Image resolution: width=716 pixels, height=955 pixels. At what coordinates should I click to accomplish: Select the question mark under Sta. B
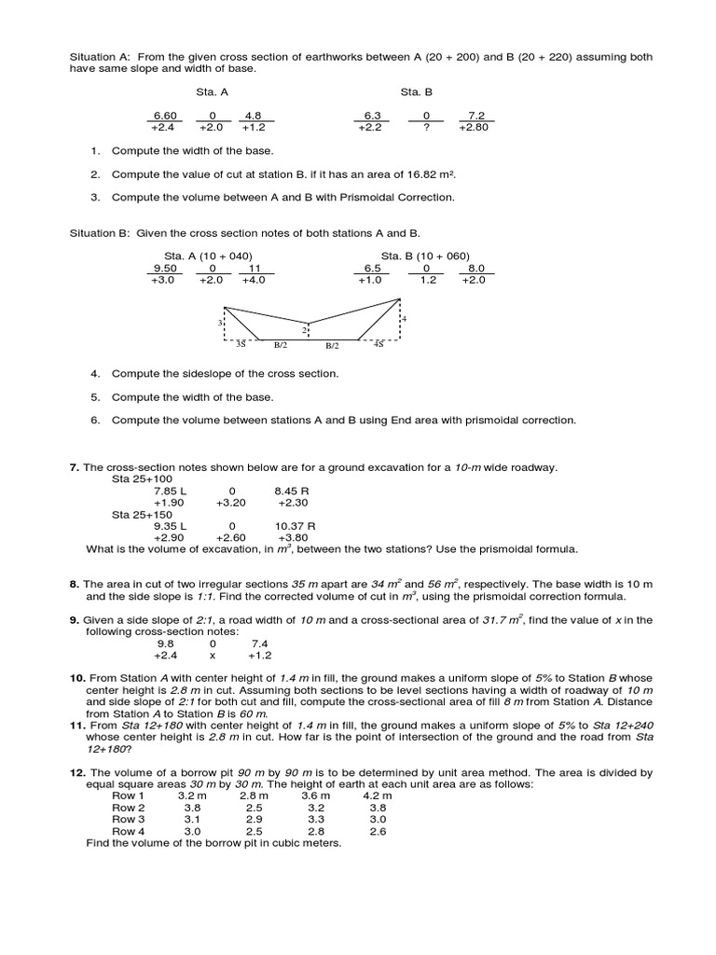click(x=426, y=128)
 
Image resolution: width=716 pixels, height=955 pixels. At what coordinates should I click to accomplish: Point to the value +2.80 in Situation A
click(x=474, y=128)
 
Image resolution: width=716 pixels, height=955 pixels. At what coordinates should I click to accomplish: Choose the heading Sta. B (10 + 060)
click(x=425, y=256)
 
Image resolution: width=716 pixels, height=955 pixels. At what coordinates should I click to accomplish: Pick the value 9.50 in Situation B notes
click(x=165, y=268)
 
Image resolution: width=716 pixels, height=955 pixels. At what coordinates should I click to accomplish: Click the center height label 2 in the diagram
click(x=304, y=330)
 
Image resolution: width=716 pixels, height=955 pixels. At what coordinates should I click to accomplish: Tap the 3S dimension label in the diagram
click(x=241, y=344)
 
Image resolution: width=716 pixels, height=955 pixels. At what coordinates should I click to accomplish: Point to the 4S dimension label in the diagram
click(x=379, y=344)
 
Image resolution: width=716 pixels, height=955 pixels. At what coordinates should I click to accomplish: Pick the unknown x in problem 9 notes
click(x=213, y=654)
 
